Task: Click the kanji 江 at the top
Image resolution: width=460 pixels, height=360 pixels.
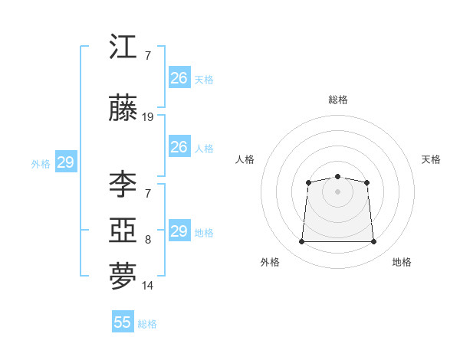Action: (123, 46)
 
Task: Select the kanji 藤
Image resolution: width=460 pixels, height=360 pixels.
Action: (123, 107)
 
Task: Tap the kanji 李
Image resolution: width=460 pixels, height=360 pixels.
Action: (123, 184)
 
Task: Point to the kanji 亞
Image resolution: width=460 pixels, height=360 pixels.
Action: (123, 230)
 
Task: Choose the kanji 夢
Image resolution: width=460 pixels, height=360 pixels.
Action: (123, 276)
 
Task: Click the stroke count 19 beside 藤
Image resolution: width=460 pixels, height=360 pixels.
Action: (147, 117)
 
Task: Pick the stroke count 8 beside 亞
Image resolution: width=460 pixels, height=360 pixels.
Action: (148, 240)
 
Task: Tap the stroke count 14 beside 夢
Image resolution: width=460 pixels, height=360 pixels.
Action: (147, 286)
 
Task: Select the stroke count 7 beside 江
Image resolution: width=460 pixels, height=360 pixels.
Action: (148, 56)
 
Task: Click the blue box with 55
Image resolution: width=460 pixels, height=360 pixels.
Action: (123, 321)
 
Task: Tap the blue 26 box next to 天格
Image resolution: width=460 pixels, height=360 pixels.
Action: (180, 77)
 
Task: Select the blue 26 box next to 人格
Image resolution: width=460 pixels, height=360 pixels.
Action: (180, 146)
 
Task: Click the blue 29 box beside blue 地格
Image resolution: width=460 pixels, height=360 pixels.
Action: (180, 230)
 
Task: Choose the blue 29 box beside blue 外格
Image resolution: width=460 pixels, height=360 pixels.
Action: (66, 162)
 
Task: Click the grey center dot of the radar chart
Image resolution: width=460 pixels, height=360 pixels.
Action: (337, 191)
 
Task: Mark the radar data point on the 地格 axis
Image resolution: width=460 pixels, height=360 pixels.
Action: (373, 241)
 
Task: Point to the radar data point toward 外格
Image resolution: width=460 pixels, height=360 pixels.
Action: (301, 241)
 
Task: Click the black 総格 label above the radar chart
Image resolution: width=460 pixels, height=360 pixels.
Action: (338, 100)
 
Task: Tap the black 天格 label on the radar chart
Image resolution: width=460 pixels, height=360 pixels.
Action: (431, 159)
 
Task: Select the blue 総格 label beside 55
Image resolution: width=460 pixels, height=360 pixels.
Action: (147, 324)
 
